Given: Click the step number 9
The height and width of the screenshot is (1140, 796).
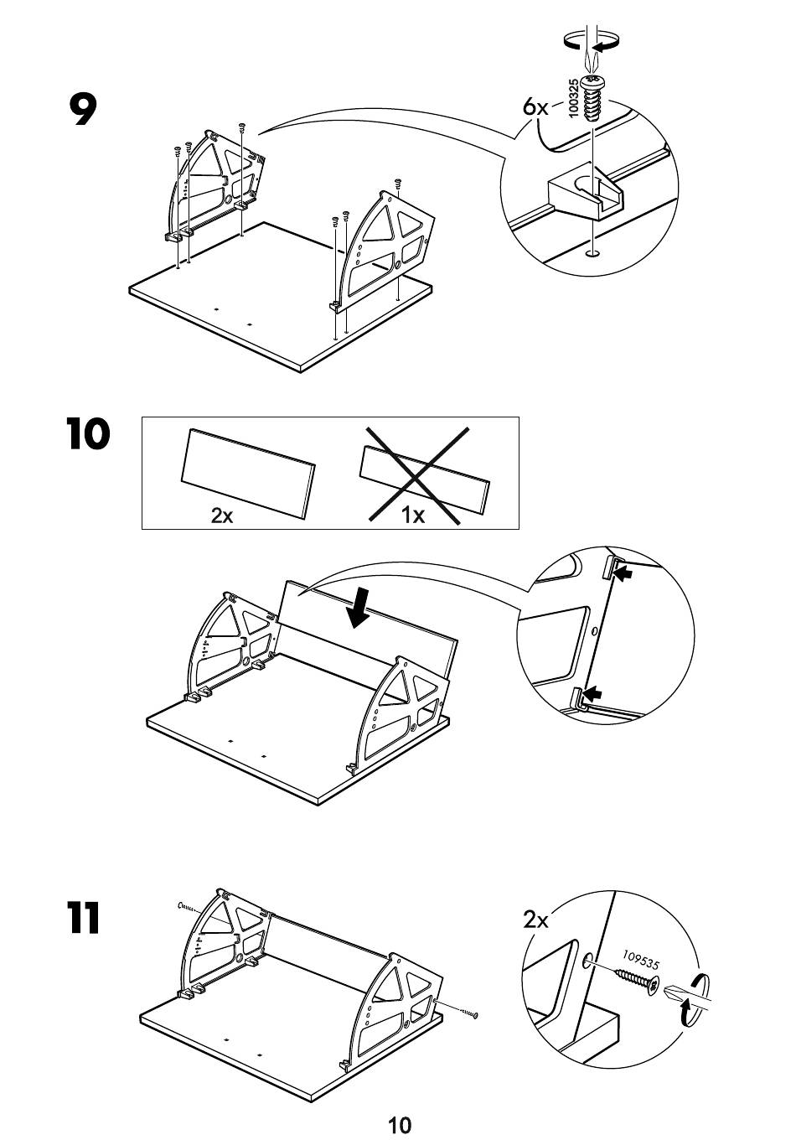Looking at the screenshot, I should tap(83, 110).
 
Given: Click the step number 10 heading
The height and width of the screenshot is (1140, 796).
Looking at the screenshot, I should tap(87, 435).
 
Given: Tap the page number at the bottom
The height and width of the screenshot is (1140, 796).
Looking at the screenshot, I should tap(399, 1123).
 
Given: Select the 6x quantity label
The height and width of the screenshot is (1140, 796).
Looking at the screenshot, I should tap(535, 107).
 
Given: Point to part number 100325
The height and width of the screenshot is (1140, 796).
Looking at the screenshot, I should tap(573, 99).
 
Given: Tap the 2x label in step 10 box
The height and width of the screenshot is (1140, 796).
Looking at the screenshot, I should tap(222, 515).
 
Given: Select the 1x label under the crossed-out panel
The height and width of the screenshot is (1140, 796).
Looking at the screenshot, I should tap(413, 515).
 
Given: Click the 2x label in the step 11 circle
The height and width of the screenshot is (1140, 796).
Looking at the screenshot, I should tap(535, 920).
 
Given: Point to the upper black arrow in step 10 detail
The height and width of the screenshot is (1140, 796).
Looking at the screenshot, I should tap(624, 574).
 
